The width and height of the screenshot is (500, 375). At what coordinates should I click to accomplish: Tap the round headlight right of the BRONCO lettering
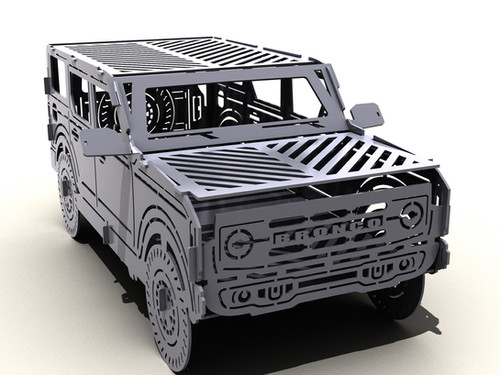pos(411,213)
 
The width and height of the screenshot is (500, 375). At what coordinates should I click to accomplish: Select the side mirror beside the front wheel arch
pos(106,142)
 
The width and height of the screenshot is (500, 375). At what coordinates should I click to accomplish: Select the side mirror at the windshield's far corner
pos(366,114)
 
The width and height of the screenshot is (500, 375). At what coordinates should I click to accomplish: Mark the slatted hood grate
pos(300,160)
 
